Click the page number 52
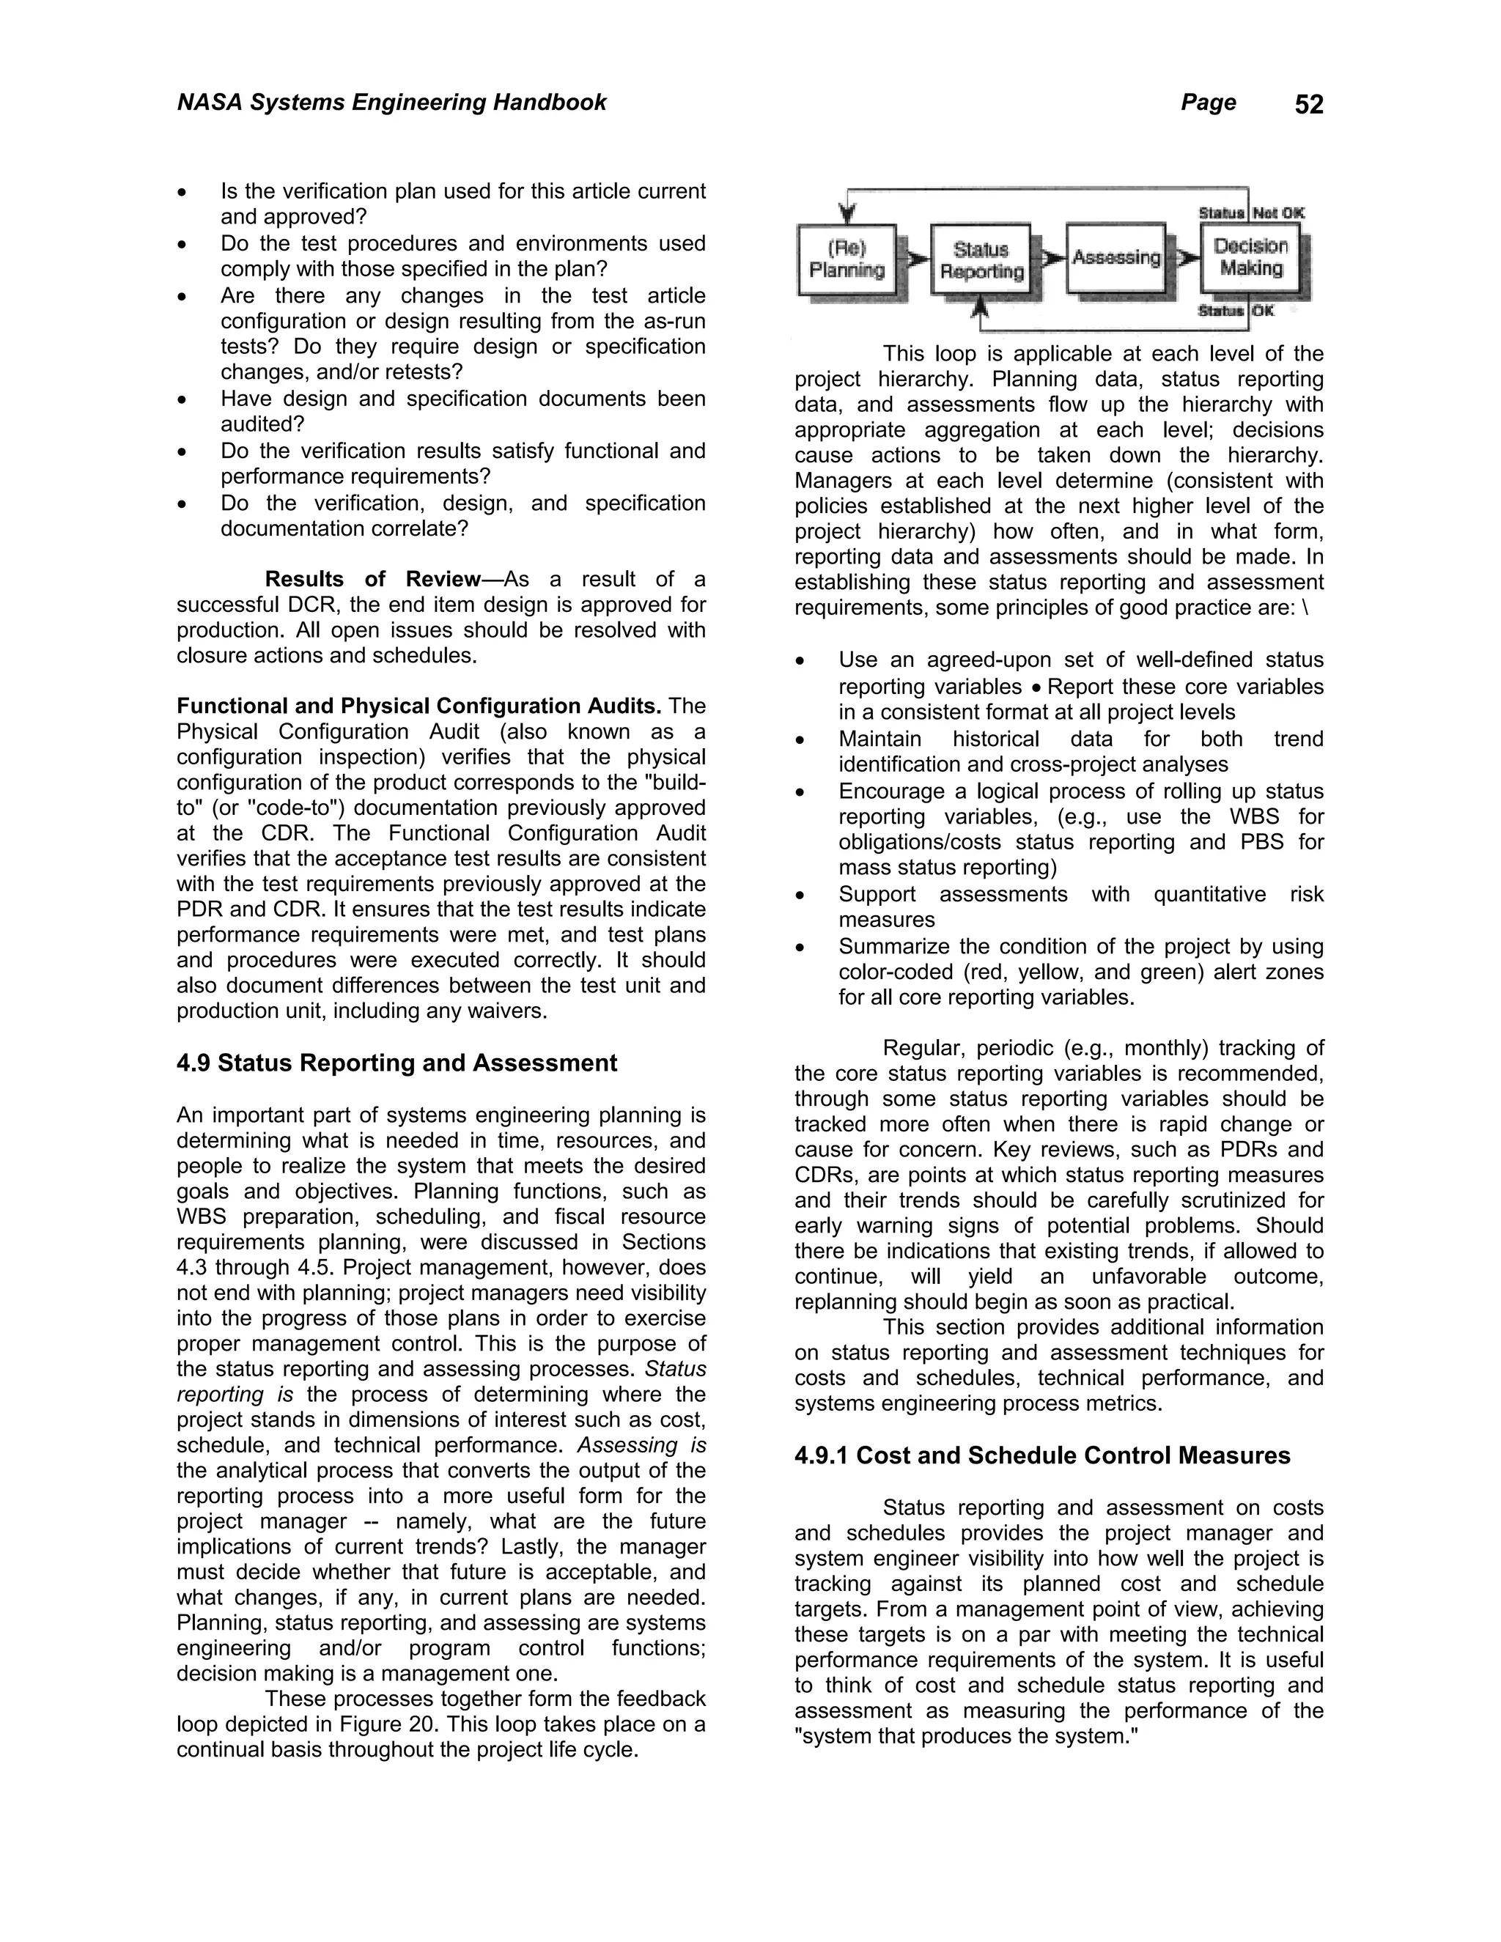point(1308,105)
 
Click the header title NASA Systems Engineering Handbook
point(391,103)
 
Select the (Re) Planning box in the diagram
point(847,259)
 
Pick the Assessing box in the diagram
point(1116,258)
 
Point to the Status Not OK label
point(1251,213)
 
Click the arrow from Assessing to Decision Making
point(1185,258)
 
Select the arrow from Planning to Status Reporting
point(916,259)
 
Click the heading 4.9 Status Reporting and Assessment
point(397,1063)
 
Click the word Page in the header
point(1208,103)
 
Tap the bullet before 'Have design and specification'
point(182,400)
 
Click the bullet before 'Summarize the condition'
point(800,948)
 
